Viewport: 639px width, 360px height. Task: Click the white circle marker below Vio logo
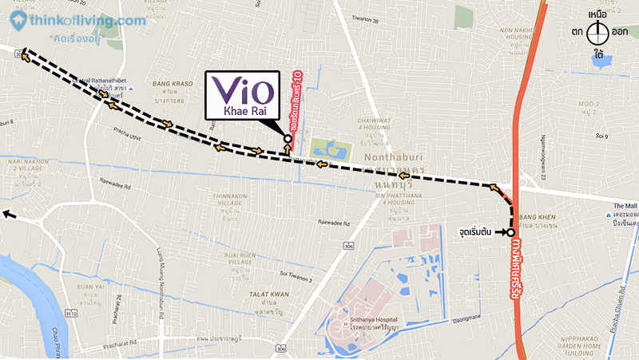288,138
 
